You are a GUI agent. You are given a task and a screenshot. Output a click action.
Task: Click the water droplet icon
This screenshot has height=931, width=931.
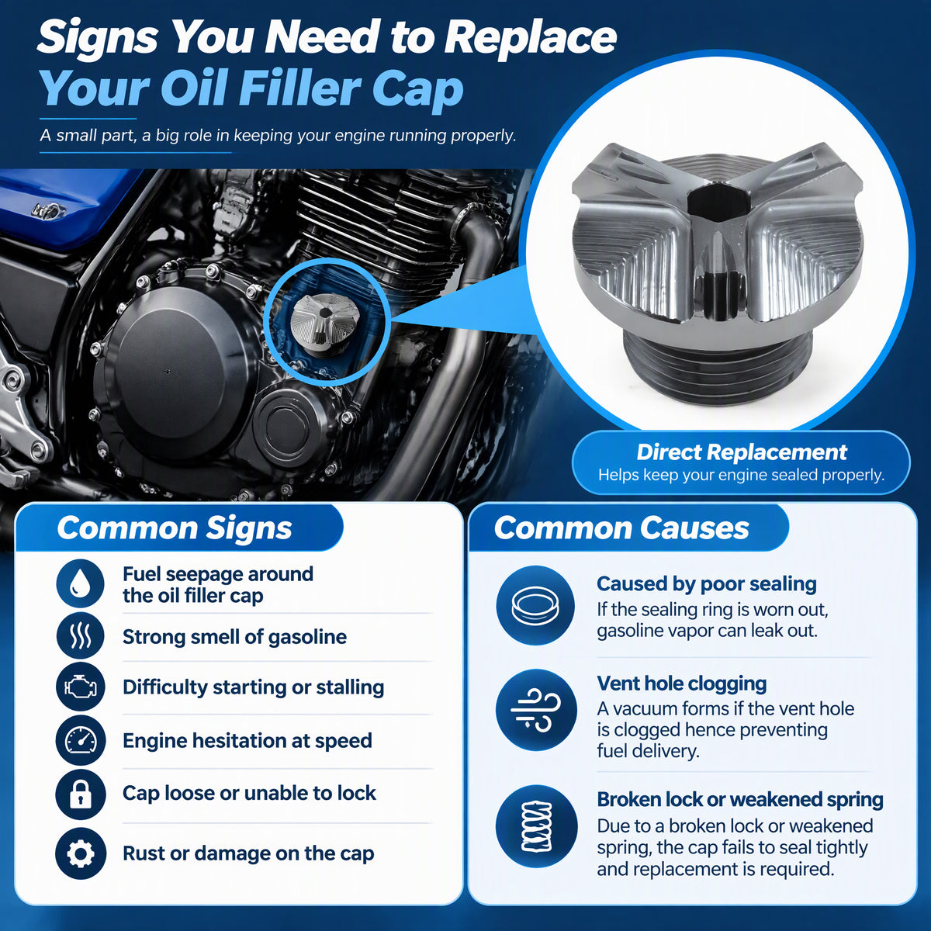point(80,583)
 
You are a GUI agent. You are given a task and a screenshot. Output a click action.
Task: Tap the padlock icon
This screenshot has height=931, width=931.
point(80,794)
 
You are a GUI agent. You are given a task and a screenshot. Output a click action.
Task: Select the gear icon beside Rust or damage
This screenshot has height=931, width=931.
point(80,853)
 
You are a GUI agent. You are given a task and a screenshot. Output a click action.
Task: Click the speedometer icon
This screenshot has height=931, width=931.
point(80,740)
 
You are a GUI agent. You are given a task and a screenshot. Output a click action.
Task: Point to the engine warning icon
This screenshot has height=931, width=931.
point(80,687)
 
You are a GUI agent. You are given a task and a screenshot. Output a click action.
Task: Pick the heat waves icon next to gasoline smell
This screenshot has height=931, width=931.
point(80,636)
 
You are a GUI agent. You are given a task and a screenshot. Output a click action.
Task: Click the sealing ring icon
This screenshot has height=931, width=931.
point(535,605)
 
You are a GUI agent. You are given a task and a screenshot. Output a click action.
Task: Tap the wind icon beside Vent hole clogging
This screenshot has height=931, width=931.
point(536,710)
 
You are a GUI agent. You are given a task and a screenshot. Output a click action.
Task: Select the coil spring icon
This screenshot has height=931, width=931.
point(536,826)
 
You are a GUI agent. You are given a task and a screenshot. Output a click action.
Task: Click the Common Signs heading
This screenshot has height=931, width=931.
point(175,528)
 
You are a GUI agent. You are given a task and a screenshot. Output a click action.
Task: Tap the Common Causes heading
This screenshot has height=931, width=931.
point(621,528)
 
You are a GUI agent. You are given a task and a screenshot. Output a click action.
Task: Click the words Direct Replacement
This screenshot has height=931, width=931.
point(742,452)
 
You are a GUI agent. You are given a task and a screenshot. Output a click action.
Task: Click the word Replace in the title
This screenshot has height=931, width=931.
point(530,38)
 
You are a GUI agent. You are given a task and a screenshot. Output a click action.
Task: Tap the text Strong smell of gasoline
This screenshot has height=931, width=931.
point(234,637)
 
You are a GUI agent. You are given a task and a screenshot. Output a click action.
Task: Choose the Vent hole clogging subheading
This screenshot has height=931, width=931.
point(682,684)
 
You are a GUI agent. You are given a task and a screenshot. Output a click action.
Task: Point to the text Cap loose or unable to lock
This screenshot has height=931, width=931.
point(249,794)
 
